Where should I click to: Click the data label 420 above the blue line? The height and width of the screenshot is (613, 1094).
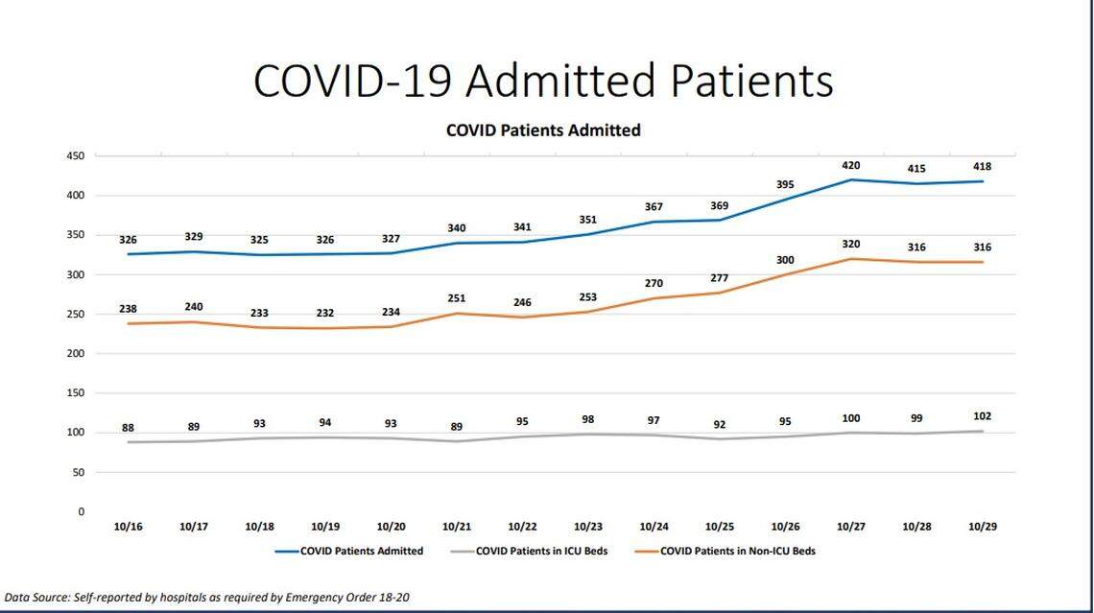[x=850, y=165]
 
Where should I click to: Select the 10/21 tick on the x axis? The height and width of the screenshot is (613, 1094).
[x=456, y=527]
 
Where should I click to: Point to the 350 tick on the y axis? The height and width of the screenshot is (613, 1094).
[x=76, y=235]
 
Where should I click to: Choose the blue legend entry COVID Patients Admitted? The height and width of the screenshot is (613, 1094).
[x=362, y=552]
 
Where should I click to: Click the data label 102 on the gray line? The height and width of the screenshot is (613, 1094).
[x=982, y=416]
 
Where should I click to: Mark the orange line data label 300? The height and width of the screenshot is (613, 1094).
[x=785, y=260]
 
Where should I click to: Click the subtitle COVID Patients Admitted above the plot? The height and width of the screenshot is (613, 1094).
[x=543, y=130]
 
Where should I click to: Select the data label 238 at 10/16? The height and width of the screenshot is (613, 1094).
[x=129, y=309]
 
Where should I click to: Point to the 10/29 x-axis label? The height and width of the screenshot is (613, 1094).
[x=982, y=527]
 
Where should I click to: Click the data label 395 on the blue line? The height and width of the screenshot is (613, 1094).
[x=785, y=184]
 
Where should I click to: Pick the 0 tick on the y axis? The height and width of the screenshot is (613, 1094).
[x=82, y=512]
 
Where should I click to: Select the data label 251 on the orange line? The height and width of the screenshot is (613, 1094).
[x=456, y=298]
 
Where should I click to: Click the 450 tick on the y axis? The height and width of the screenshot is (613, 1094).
[x=76, y=155]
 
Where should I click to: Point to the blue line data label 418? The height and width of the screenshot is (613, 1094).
[x=982, y=167]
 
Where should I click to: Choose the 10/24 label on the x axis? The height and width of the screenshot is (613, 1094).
[x=654, y=527]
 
